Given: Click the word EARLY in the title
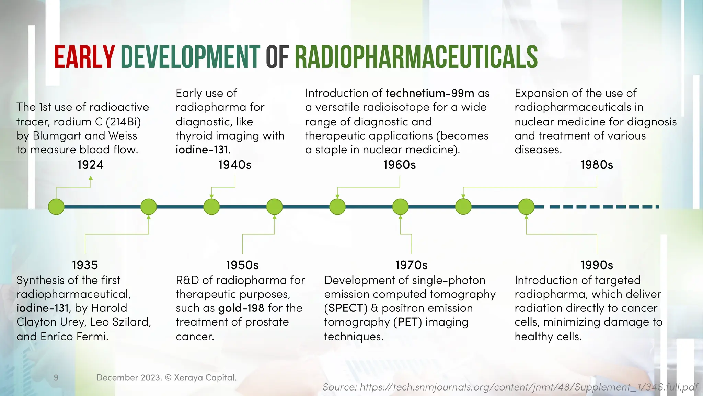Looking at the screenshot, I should click(84, 57).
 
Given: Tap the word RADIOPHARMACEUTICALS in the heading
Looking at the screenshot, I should click(416, 57).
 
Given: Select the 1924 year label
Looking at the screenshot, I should click(90, 165).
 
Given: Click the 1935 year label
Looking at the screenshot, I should click(85, 265).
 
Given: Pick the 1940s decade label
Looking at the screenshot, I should click(235, 165).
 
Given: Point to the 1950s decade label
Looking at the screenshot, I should click(242, 265).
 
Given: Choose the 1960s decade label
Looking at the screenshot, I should click(400, 165).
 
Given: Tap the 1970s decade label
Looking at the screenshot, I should click(411, 265).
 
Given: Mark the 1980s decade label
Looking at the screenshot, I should click(597, 165).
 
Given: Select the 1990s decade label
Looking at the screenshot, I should click(597, 265).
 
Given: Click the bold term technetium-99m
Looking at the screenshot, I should click(430, 93).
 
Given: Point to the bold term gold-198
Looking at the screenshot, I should click(241, 308).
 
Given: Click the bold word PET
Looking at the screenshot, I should click(407, 322).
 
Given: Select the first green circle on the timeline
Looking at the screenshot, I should click(56, 207).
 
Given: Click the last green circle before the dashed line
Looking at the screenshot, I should click(526, 207).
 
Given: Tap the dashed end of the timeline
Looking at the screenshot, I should click(604, 207).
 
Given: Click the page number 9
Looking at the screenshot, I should click(56, 378).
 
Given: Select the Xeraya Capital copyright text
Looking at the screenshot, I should click(166, 377).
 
